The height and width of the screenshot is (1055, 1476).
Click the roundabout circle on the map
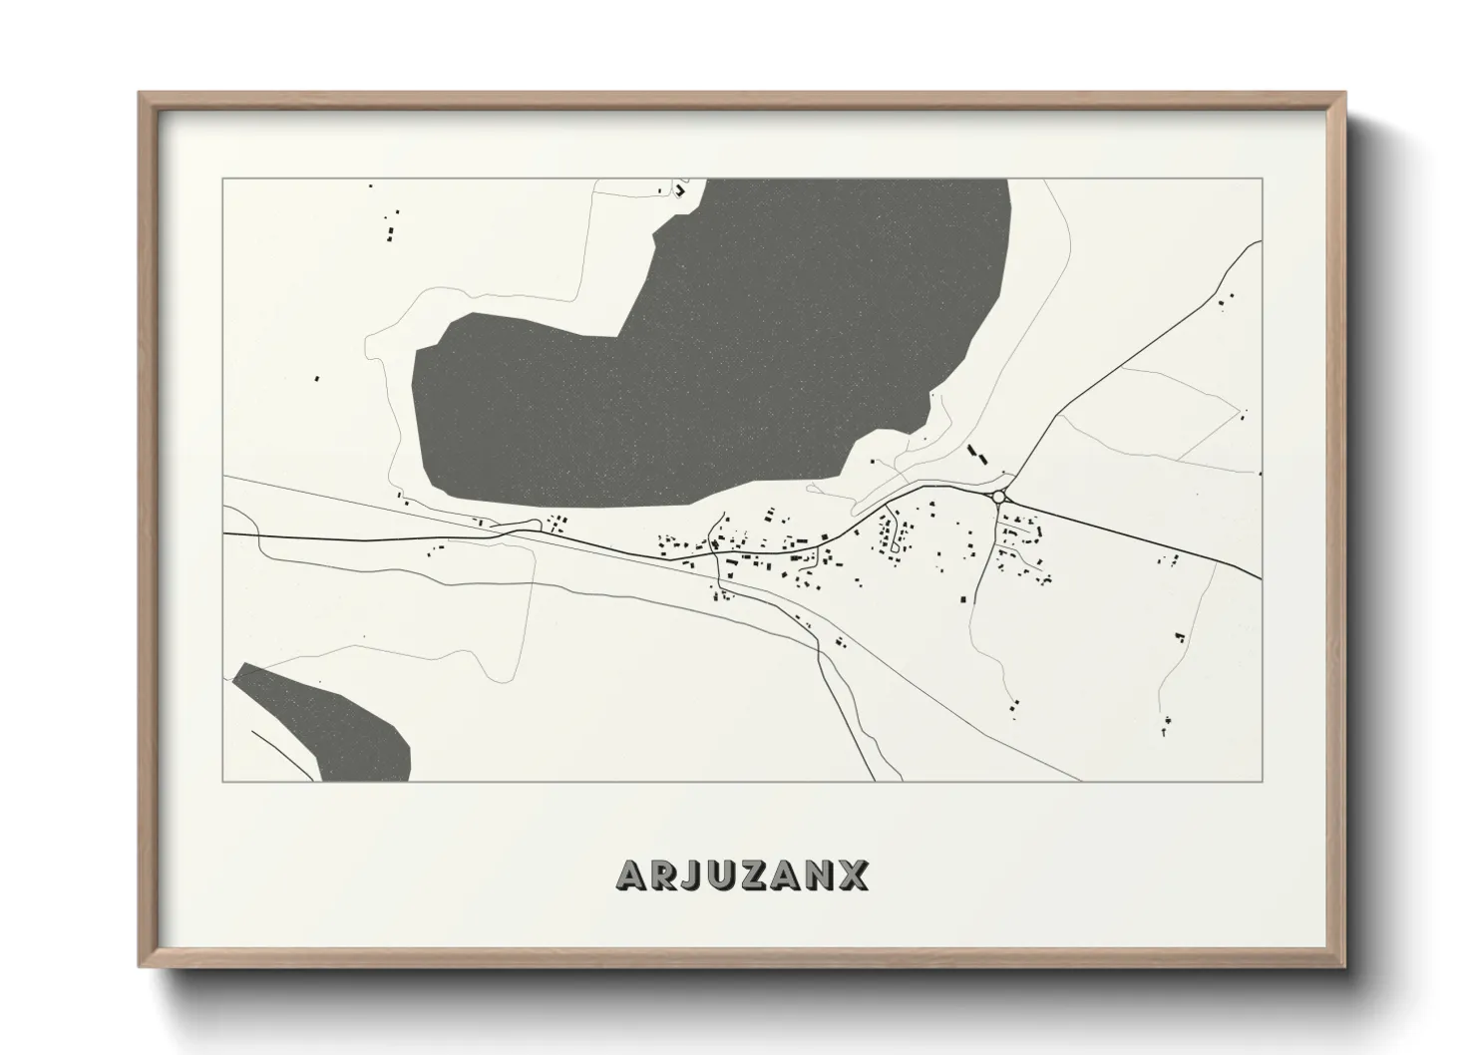coord(998,496)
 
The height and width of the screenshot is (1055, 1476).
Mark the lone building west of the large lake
coord(317,378)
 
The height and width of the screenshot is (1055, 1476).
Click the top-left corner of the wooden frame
coord(140,94)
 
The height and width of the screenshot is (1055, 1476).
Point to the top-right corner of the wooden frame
coord(1344,94)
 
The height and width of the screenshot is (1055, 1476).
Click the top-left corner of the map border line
coord(223,178)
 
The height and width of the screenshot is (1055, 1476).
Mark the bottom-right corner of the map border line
coord(1262,781)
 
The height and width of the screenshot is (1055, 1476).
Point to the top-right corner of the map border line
coord(1262,178)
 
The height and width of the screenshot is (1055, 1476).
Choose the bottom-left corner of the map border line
coord(223,781)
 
